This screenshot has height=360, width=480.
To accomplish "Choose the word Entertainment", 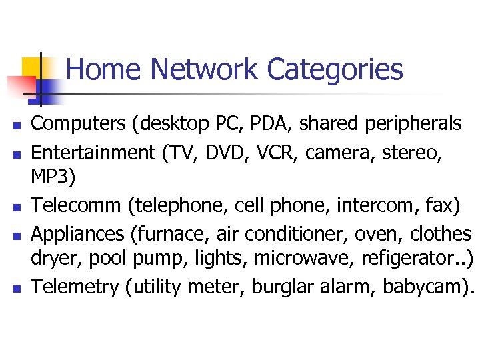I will coord(93,153).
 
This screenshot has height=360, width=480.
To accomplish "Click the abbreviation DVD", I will coord(233,153).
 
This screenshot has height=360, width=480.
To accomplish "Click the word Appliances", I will coord(77,234).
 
